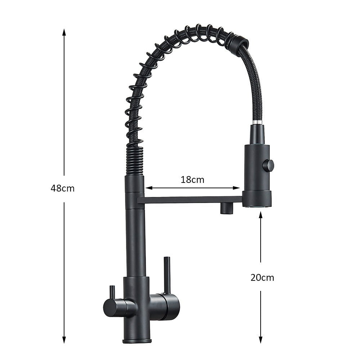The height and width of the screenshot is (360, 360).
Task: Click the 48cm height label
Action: (x=63, y=188)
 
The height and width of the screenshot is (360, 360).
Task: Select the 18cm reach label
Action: (x=192, y=180)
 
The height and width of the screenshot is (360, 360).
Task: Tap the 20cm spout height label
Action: (x=262, y=278)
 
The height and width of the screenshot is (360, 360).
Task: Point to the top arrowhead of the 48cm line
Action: (x=64, y=32)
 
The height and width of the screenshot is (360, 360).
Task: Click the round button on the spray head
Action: (x=269, y=166)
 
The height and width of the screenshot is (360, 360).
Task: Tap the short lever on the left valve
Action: (x=112, y=292)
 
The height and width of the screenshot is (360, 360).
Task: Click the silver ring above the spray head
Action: (x=257, y=123)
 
